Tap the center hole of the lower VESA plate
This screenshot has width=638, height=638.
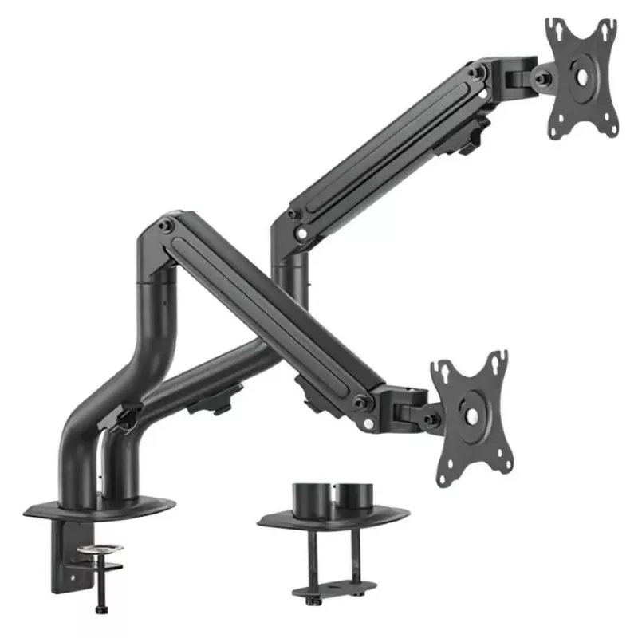coord(471,417)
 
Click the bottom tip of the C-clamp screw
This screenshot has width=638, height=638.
coord(100,610)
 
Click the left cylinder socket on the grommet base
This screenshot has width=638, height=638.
coord(311,498)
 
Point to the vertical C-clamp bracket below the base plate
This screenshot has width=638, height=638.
coord(63,558)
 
